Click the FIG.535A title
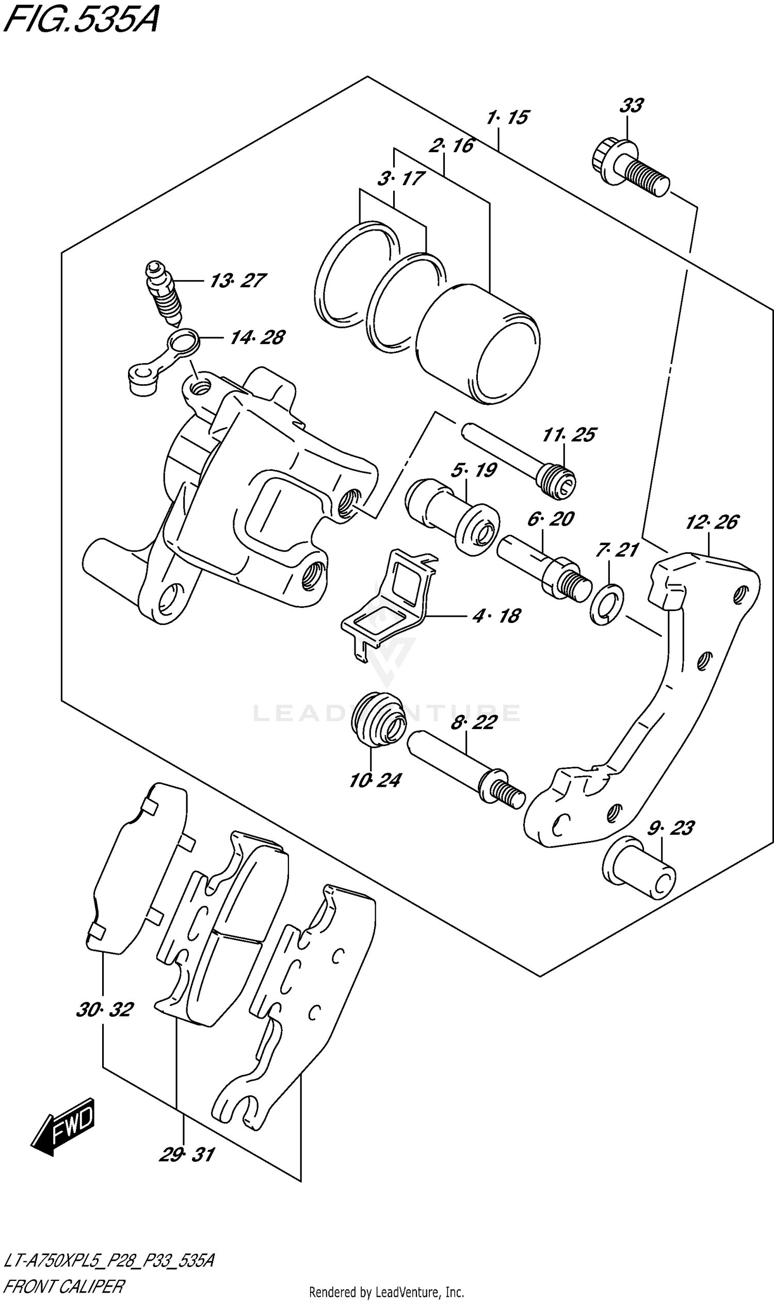[x=81, y=20]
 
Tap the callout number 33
[x=631, y=106]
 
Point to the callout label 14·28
[x=257, y=338]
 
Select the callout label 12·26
[x=712, y=522]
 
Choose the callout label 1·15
[x=507, y=118]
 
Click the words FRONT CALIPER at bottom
[x=63, y=1287]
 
